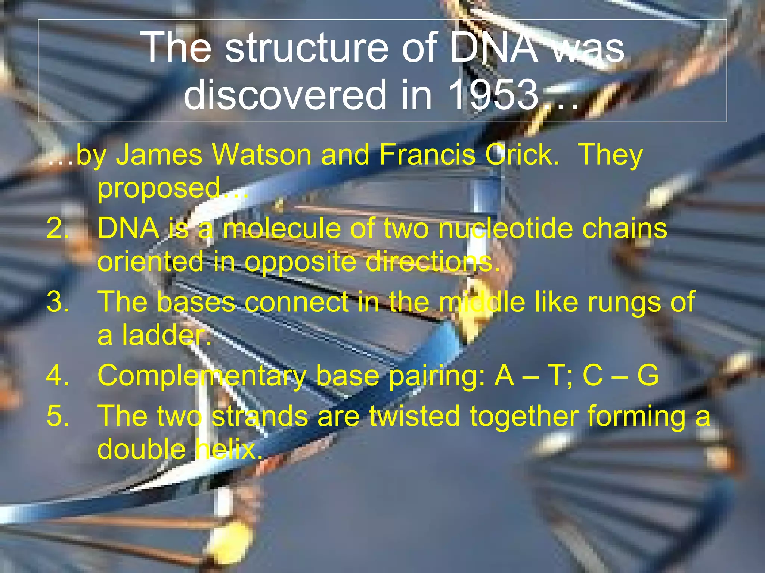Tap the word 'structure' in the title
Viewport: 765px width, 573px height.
click(x=307, y=48)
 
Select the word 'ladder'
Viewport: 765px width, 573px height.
click(x=167, y=335)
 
